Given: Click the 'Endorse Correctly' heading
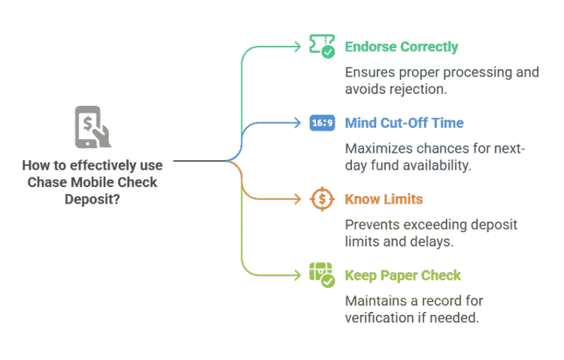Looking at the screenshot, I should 401,47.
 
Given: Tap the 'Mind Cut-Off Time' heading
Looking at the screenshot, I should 404,123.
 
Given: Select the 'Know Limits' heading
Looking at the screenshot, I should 383,199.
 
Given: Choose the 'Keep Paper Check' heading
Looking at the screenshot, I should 402,275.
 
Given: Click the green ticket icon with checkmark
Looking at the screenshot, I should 323,47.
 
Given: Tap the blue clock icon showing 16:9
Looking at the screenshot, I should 323,123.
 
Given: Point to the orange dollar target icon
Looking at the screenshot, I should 323,199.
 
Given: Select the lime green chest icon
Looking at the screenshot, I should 323,274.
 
